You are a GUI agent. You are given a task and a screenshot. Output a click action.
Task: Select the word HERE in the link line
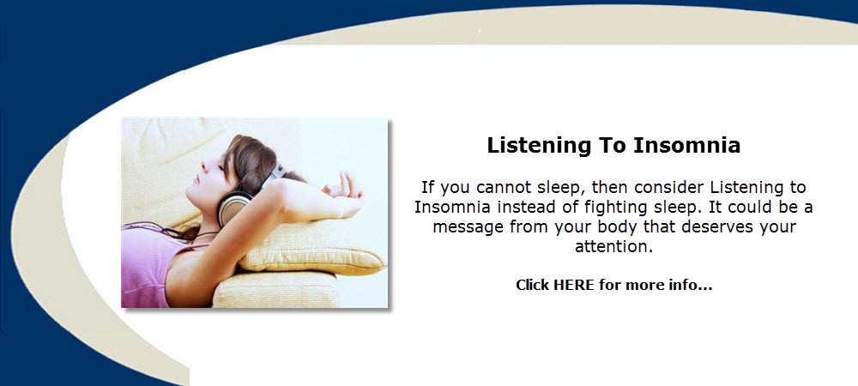[x=574, y=285]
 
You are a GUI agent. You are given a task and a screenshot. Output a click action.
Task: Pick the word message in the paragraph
[x=469, y=226]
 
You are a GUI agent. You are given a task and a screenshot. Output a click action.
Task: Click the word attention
[x=614, y=246]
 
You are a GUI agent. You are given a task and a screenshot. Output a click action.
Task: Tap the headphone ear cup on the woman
[x=232, y=207]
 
